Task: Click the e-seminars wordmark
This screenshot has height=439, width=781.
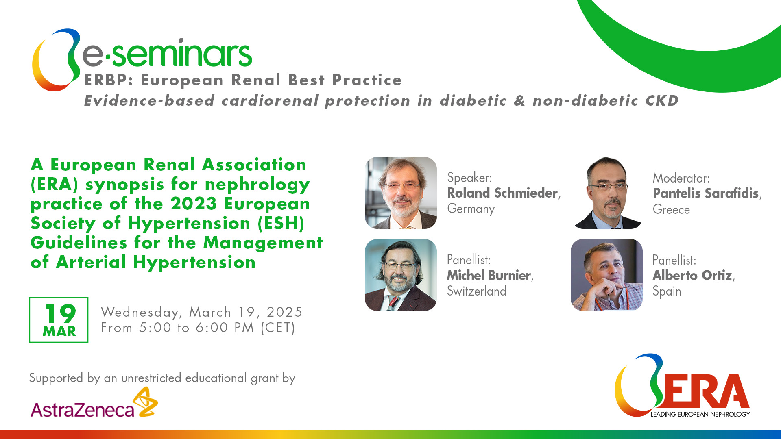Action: tap(167, 53)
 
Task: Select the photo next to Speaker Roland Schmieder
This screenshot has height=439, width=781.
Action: tap(401, 193)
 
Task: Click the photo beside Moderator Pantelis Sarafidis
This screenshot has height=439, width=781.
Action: tap(607, 193)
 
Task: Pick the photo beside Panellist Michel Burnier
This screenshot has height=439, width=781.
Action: tap(401, 275)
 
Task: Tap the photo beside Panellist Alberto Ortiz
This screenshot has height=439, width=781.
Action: tap(606, 275)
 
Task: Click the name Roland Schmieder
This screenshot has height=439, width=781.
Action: tap(502, 193)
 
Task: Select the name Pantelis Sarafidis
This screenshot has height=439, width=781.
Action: tap(706, 193)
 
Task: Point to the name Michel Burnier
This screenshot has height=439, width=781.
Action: tap(489, 276)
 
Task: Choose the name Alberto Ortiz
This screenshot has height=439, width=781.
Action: tap(692, 276)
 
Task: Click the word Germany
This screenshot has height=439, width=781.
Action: tap(471, 209)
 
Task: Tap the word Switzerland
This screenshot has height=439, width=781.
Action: tap(477, 291)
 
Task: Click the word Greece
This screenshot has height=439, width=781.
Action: tap(671, 210)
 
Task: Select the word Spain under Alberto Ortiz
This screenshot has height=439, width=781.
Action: tap(667, 292)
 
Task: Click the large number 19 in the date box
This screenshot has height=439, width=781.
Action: tap(60, 314)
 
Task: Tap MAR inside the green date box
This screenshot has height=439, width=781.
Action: tap(59, 332)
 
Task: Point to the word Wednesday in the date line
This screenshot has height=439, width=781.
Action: tap(140, 313)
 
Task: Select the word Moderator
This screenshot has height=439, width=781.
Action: tap(681, 178)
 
